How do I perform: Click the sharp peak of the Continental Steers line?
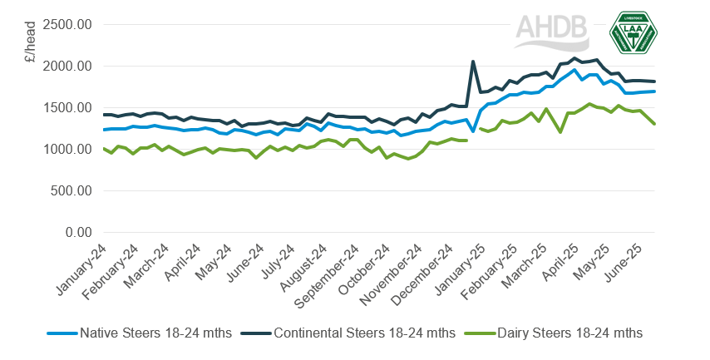[473, 62]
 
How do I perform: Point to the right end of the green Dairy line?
[655, 124]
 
